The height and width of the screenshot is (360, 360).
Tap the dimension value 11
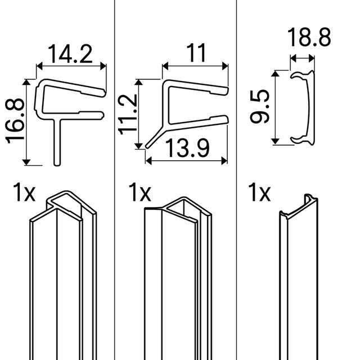pyautogui.click(x=195, y=53)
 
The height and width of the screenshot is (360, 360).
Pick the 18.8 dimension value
pyautogui.click(x=309, y=39)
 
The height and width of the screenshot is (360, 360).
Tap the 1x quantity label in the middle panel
pyautogui.click(x=139, y=192)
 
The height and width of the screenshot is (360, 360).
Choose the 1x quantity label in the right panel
pyautogui.click(x=259, y=192)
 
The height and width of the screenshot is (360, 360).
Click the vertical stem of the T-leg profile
pyautogui.click(x=57, y=143)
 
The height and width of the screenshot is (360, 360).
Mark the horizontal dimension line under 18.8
pyautogui.click(x=303, y=57)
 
